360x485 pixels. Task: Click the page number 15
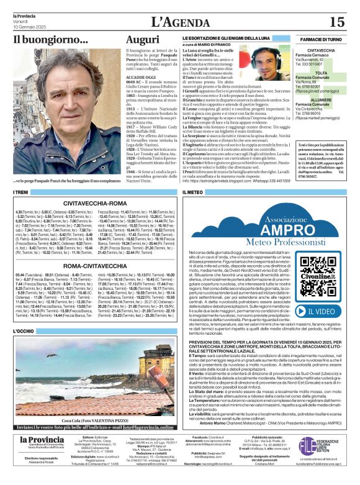pos(336,22)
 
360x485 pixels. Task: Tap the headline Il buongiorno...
pos(51,40)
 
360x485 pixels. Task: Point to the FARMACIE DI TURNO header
pos(320,39)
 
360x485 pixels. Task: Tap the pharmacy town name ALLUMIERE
pos(321,99)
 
